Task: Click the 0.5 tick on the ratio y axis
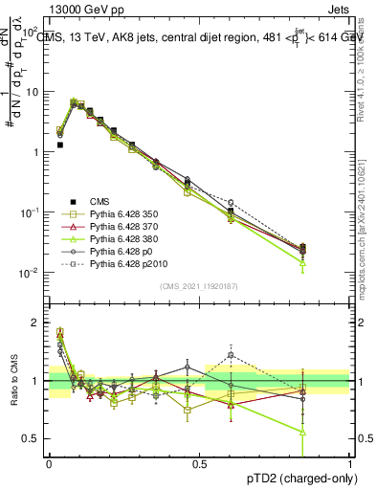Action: (x=33, y=438)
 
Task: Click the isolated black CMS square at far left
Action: (x=60, y=145)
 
